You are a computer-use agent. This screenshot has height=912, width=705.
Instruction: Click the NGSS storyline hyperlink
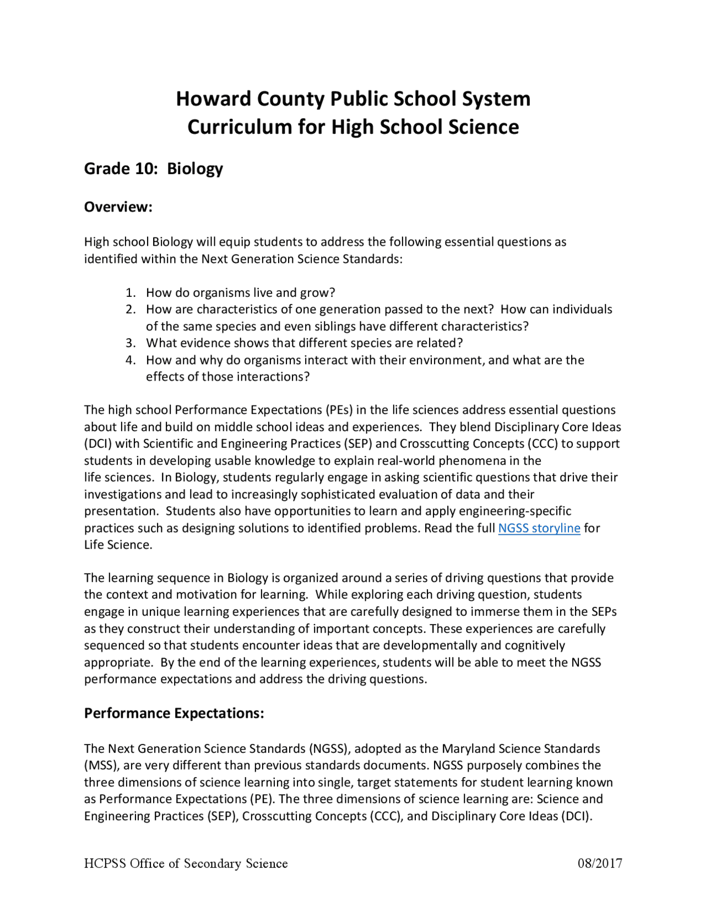539,528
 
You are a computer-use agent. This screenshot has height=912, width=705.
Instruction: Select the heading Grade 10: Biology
153,169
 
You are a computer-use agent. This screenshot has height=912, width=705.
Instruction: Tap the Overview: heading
118,207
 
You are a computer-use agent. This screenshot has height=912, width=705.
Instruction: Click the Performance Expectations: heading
174,713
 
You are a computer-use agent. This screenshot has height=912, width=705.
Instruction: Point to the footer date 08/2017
600,864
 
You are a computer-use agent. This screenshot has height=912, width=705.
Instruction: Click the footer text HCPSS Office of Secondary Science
186,864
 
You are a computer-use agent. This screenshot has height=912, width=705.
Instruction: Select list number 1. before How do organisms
131,292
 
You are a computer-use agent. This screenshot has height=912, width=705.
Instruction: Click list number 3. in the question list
131,343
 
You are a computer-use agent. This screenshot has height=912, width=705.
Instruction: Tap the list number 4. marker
131,360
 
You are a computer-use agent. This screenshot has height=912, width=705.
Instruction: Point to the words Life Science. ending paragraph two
118,545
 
